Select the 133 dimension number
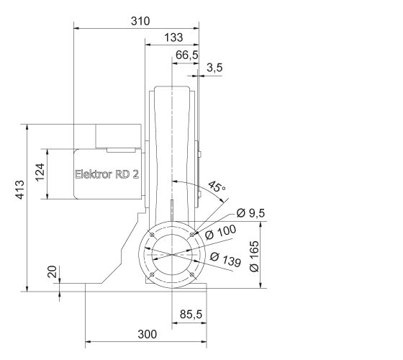point(173,37)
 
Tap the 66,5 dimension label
point(186,55)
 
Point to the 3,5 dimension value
point(214,68)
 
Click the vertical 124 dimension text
point(41,172)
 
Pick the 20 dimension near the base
point(50,273)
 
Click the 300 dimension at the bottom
point(146,333)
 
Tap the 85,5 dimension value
point(190,314)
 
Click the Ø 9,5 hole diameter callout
point(250,214)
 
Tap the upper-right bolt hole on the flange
point(192,233)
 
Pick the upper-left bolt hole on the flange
point(153,233)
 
